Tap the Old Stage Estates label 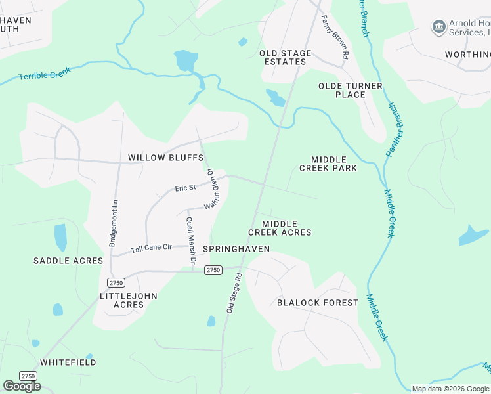(x=283, y=57)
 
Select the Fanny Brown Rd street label (x=334, y=39)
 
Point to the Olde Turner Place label (x=341, y=90)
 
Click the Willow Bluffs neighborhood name (x=165, y=158)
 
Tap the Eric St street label (x=185, y=188)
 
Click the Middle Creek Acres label (x=280, y=228)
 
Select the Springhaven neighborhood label (x=236, y=249)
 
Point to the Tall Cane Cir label (x=151, y=248)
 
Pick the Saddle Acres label (x=68, y=261)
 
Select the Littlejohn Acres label (x=128, y=300)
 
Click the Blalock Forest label (x=318, y=303)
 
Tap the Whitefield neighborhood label (x=68, y=362)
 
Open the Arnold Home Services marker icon (x=438, y=26)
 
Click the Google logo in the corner (x=22, y=385)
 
